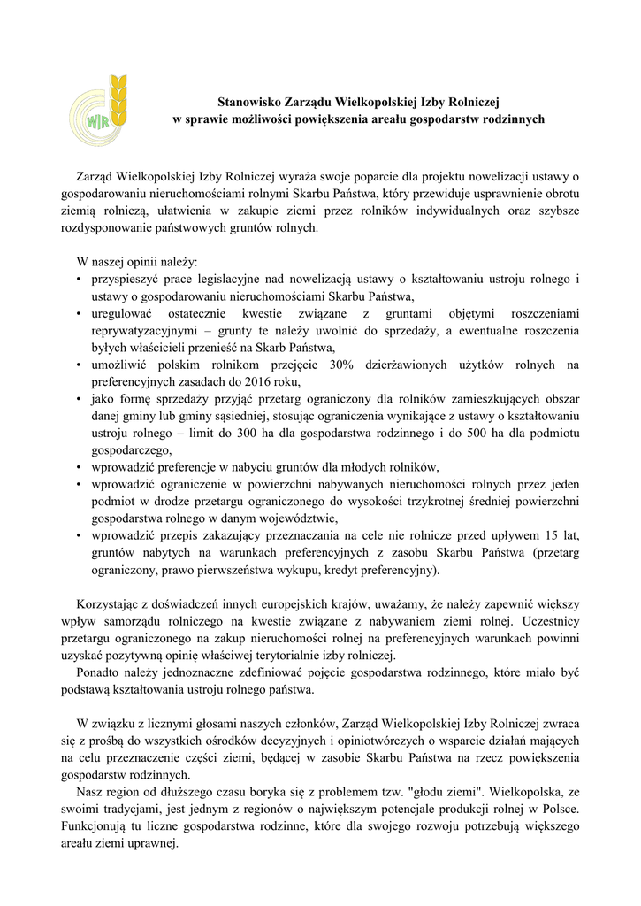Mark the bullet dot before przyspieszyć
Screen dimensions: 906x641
pyautogui.click(x=80, y=280)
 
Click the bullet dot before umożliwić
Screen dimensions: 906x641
pyautogui.click(x=80, y=365)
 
